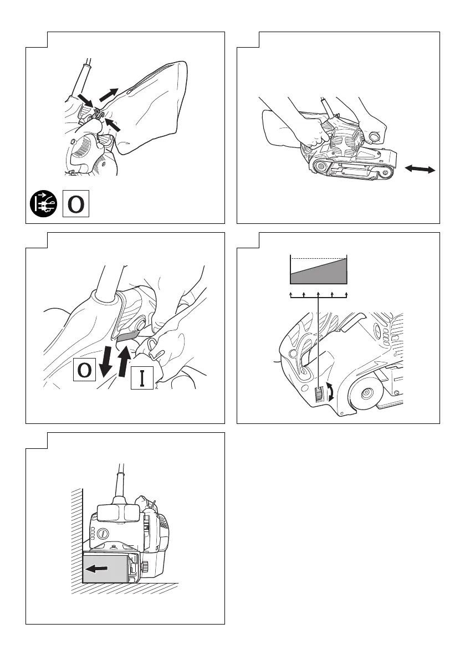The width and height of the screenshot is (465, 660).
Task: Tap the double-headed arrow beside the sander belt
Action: [420, 171]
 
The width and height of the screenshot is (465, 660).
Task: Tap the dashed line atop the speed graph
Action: [318, 259]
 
